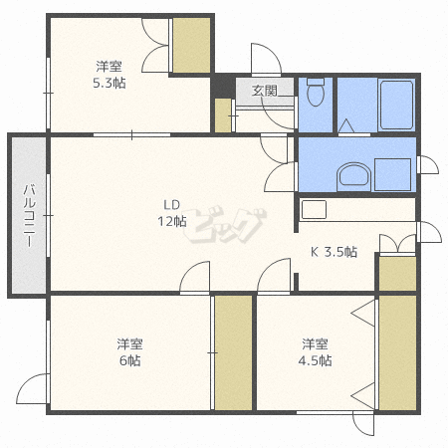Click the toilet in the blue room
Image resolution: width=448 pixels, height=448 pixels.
click(316, 92)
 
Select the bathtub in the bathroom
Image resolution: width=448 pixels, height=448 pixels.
click(396, 105)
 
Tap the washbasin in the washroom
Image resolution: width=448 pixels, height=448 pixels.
click(353, 176)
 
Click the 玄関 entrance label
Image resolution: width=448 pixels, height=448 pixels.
click(264, 91)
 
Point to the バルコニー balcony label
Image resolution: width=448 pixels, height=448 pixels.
click(29, 215)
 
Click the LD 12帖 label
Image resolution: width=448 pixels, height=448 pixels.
click(172, 213)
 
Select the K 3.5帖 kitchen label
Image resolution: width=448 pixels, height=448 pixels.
click(334, 252)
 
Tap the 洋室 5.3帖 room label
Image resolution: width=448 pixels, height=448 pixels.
click(110, 75)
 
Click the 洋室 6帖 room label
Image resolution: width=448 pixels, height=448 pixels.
click(129, 351)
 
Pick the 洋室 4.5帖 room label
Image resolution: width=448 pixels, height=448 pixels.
click(315, 352)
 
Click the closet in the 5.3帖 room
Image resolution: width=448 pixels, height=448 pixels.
click(191, 45)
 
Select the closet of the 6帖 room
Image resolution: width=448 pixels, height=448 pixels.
click(233, 352)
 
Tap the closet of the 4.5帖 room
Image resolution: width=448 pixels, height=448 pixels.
click(397, 352)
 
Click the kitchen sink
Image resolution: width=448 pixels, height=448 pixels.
click(314, 209)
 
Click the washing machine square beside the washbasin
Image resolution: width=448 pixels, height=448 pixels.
click(393, 174)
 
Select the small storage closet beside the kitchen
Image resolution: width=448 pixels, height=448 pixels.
click(397, 274)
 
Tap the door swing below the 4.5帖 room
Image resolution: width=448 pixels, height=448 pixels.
click(363, 423)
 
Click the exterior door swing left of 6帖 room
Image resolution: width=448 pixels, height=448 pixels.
click(33, 388)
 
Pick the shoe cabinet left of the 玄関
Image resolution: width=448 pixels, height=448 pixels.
click(223, 115)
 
